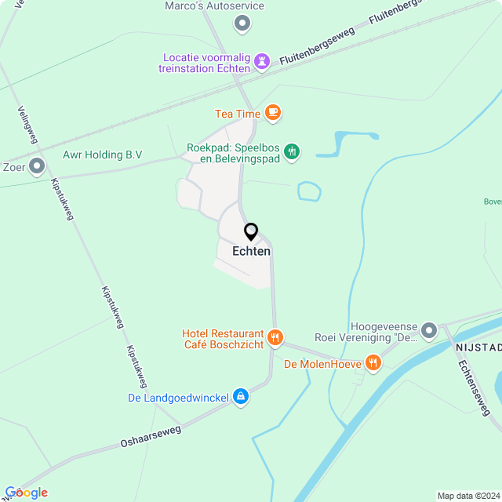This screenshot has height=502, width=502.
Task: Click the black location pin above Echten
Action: (251, 231)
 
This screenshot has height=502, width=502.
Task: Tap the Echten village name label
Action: (251, 251)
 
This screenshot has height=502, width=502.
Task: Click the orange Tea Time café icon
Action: (272, 114)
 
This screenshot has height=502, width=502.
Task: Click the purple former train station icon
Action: (262, 60)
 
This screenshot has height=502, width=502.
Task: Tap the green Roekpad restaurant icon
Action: (292, 151)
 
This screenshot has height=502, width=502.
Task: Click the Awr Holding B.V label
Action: (102, 155)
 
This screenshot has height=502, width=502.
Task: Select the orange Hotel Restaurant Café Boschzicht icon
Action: (275, 338)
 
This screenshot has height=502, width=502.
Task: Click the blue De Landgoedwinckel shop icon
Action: (241, 398)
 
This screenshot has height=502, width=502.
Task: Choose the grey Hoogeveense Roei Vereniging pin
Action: (428, 330)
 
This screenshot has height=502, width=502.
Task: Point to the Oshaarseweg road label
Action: (151, 437)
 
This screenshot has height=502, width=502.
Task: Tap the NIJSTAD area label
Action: (478, 347)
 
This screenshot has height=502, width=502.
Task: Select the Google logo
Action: (26, 492)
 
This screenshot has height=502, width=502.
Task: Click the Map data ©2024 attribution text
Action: (467, 496)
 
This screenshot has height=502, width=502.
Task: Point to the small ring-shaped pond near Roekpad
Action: (309, 191)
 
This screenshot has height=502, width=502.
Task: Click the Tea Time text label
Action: (238, 114)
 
